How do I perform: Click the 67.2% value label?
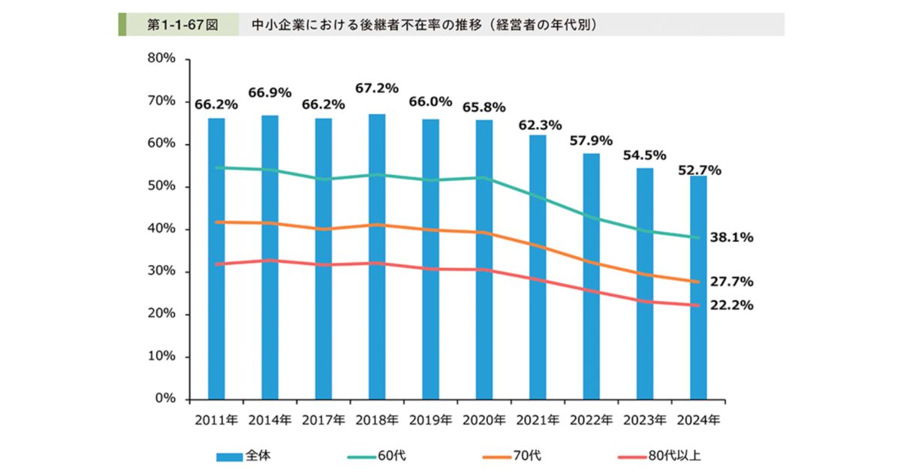point(377,88)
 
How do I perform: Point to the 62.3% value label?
point(540,125)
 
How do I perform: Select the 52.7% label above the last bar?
point(700,170)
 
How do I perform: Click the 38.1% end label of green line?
point(731,237)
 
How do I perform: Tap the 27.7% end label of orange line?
point(731,282)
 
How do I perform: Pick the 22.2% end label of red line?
point(731,306)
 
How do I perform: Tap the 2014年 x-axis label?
point(270,420)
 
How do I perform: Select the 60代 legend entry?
point(380,455)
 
